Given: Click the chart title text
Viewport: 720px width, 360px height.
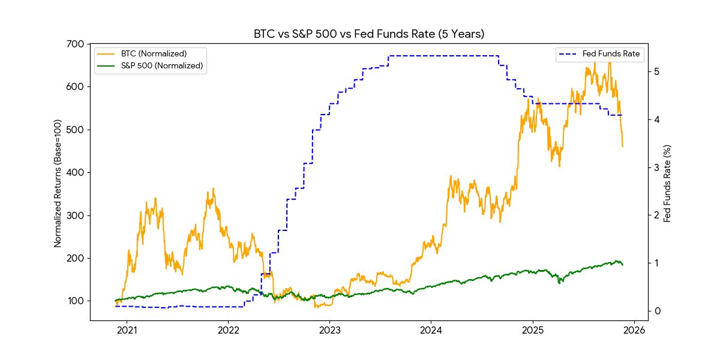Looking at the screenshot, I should click(369, 34).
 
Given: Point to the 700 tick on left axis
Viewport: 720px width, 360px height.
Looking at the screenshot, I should click(77, 44).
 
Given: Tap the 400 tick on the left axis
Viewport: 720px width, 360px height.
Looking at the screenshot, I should click(77, 172).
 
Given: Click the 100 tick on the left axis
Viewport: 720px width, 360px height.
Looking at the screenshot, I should click(77, 301).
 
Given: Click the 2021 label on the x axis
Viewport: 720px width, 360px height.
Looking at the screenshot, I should click(127, 331).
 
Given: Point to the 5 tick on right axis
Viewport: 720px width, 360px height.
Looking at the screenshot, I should click(658, 71).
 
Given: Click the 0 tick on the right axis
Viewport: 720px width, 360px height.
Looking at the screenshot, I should click(658, 311).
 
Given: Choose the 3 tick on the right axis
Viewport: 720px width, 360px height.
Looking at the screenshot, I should click(658, 167).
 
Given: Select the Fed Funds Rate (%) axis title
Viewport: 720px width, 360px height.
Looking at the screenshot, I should click(667, 183).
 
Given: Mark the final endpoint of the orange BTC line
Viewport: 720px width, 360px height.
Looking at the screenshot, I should click(623, 146).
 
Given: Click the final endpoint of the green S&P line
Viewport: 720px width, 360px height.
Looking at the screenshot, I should click(623, 265).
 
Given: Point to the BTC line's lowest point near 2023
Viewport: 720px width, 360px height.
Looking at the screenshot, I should click(316, 307).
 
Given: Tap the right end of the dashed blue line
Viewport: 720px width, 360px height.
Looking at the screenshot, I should click(622, 115).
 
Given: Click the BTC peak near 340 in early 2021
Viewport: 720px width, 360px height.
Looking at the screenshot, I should click(155, 198).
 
